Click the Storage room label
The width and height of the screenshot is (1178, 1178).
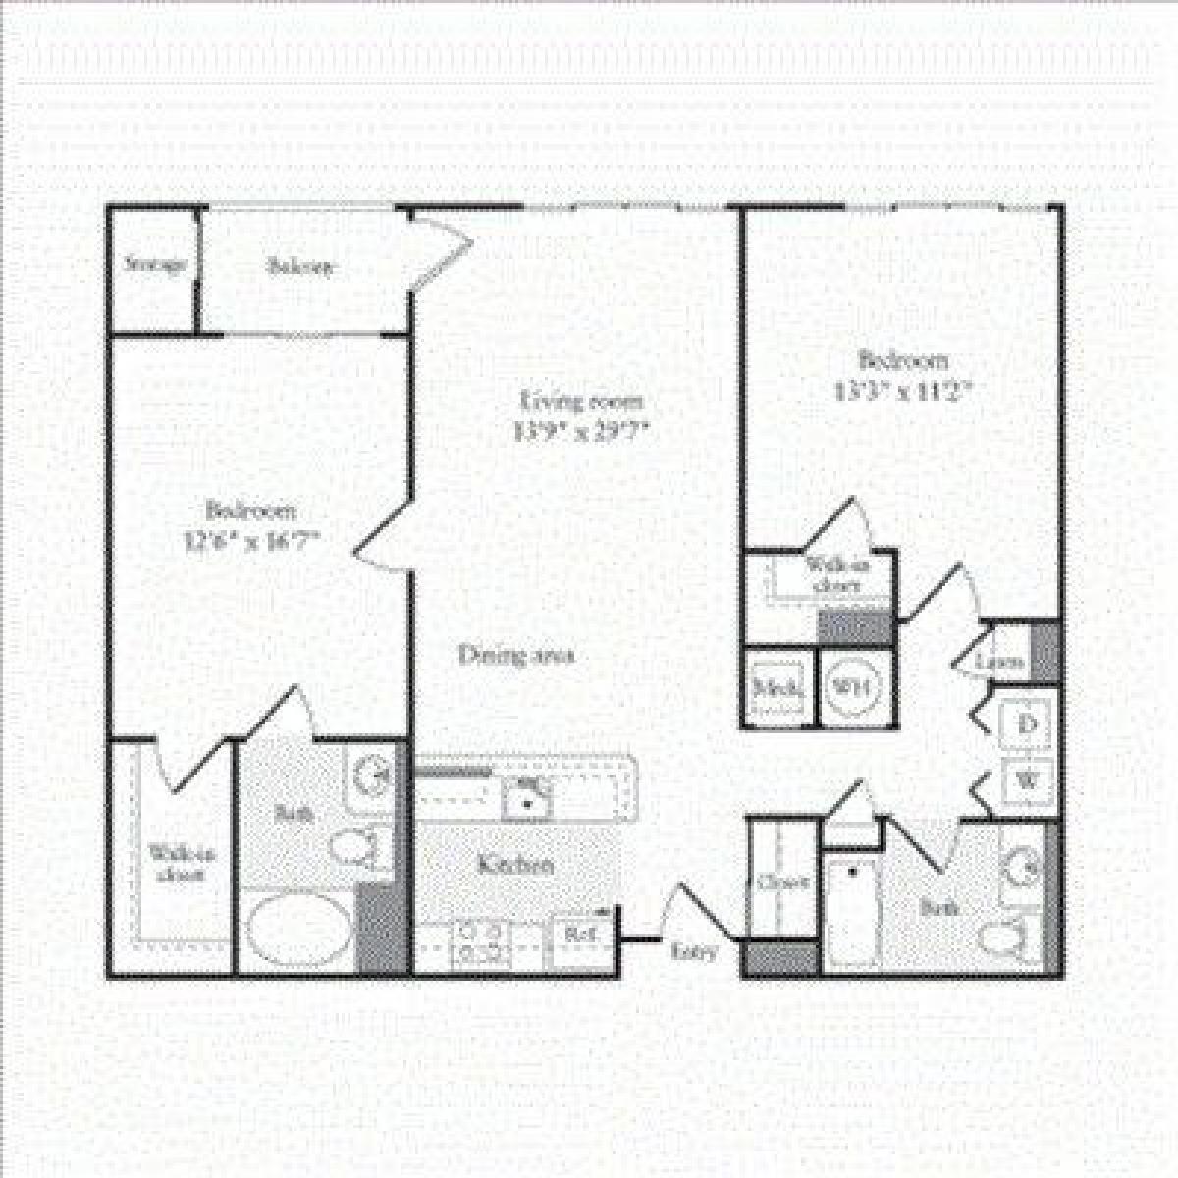coord(155,265)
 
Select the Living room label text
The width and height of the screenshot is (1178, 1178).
coord(582,401)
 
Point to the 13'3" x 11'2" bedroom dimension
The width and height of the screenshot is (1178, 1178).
coord(903,389)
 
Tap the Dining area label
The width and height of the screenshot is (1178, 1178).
coord(516,655)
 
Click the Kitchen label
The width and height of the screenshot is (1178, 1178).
coord(515,865)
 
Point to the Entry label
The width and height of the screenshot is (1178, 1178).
coord(695,951)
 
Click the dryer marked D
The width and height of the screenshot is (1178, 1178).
coord(1028,724)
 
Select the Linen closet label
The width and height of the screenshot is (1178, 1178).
coord(1000,662)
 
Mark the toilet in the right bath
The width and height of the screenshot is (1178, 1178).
coord(1006,937)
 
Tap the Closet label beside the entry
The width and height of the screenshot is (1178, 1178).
coord(783,883)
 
